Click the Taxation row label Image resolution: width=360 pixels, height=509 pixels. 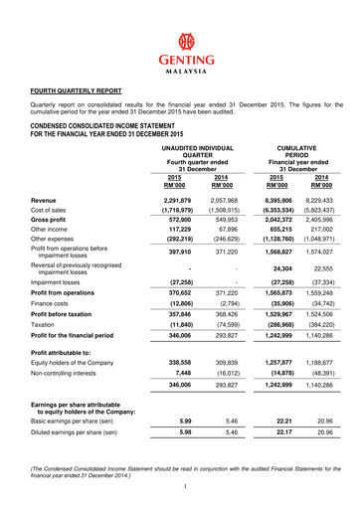click(44, 351)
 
